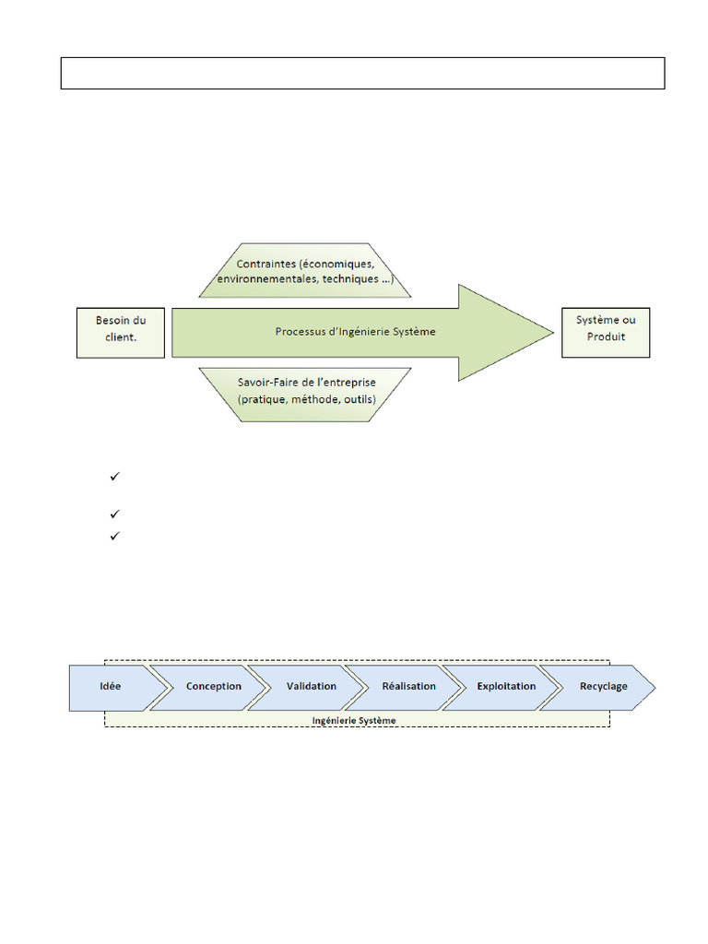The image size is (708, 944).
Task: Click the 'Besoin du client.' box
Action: [121, 333]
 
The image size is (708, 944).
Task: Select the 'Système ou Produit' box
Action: [606, 332]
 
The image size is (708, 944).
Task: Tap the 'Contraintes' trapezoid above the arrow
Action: [305, 271]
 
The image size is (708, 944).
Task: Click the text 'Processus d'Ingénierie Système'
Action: [355, 331]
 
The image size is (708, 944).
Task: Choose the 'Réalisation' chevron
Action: [409, 687]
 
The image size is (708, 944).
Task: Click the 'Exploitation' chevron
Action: [506, 687]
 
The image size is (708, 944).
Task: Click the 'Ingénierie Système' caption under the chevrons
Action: [355, 720]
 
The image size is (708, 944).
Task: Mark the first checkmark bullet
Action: [115, 477]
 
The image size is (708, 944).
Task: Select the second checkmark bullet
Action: [115, 514]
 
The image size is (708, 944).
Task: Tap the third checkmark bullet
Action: [115, 535]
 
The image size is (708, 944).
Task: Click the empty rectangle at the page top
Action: [362, 73]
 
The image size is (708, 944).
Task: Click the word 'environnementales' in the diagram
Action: [262, 279]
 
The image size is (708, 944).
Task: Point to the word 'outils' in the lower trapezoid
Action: [358, 399]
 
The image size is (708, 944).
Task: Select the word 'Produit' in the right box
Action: [606, 337]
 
